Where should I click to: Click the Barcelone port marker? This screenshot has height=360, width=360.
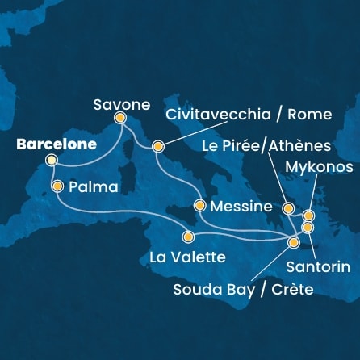pyautogui.click(x=52, y=161)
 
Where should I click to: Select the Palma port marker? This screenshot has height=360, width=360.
pyautogui.click(x=57, y=186)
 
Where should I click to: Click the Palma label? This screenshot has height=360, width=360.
pyautogui.click(x=94, y=187)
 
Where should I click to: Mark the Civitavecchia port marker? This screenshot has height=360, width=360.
pyautogui.click(x=158, y=147)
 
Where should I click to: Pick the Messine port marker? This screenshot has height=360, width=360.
pyautogui.click(x=199, y=205)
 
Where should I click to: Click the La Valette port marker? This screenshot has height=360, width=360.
pyautogui.click(x=188, y=237)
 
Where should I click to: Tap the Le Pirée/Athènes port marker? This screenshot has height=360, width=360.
pyautogui.click(x=288, y=209)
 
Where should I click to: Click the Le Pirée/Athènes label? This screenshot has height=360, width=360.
pyautogui.click(x=278, y=146)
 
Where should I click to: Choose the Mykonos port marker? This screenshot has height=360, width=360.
pyautogui.click(x=308, y=216)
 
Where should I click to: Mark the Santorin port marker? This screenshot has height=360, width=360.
pyautogui.click(x=308, y=228)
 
